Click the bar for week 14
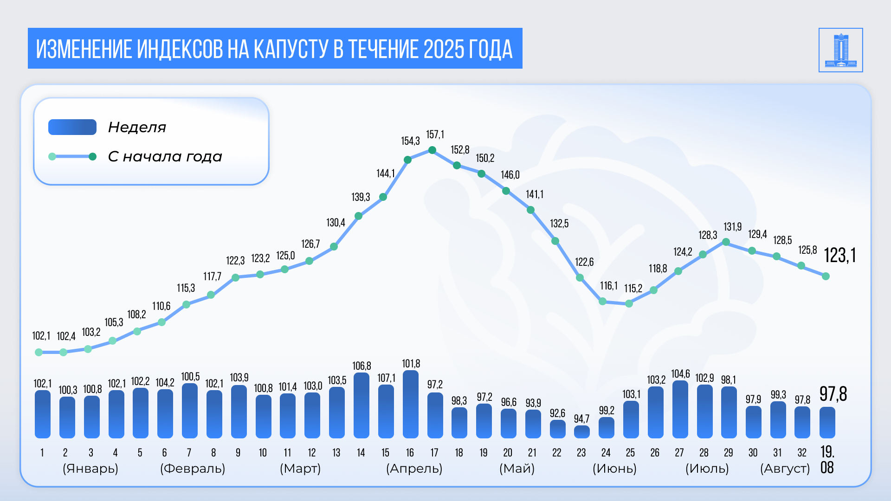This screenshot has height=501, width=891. pyautogui.click(x=362, y=406)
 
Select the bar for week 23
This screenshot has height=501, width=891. pyautogui.click(x=581, y=432)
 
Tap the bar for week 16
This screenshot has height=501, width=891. pyautogui.click(x=411, y=405)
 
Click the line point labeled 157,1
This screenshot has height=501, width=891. pyautogui.click(x=432, y=150)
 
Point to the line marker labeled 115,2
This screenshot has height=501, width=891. pyautogui.click(x=629, y=303)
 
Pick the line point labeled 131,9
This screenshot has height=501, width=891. pyautogui.click(x=726, y=242)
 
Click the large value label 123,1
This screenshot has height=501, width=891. pyautogui.click(x=839, y=256)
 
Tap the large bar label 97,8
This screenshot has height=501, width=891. pyautogui.click(x=833, y=394)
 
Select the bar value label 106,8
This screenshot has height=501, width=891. pyautogui.click(x=362, y=366)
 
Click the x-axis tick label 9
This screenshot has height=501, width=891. pyautogui.click(x=238, y=453)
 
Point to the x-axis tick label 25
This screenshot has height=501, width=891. pyautogui.click(x=630, y=453)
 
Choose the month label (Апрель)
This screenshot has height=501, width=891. pyautogui.click(x=414, y=469)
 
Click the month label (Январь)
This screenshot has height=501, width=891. pyautogui.click(x=90, y=469)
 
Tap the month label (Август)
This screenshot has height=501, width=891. pyautogui.click(x=785, y=469)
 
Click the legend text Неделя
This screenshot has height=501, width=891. pyautogui.click(x=137, y=127)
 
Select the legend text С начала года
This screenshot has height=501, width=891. pyautogui.click(x=165, y=157)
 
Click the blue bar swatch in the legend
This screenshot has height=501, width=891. pyautogui.click(x=72, y=127)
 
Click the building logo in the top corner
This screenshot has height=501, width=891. pyautogui.click(x=840, y=50)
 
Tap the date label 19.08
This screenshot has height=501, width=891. pyautogui.click(x=827, y=460)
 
